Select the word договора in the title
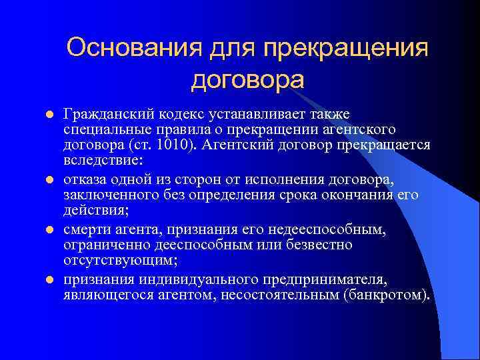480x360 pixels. [247, 80]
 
